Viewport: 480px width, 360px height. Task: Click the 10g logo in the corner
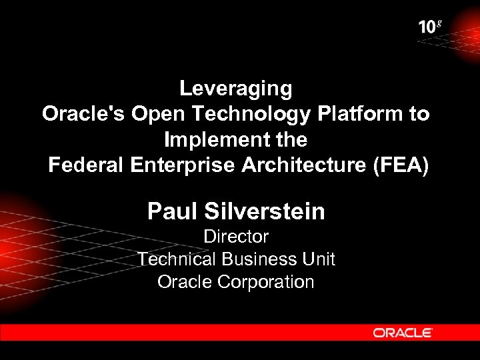(x=430, y=27)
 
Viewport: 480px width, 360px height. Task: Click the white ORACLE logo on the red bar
(x=403, y=332)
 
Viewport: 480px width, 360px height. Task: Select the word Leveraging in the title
(x=236, y=89)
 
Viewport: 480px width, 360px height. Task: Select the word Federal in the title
(x=85, y=166)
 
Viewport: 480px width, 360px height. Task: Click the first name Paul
(x=173, y=212)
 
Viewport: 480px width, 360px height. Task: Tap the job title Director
(x=236, y=237)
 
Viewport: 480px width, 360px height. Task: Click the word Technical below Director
(x=177, y=259)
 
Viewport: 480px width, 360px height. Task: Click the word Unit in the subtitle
(x=320, y=259)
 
